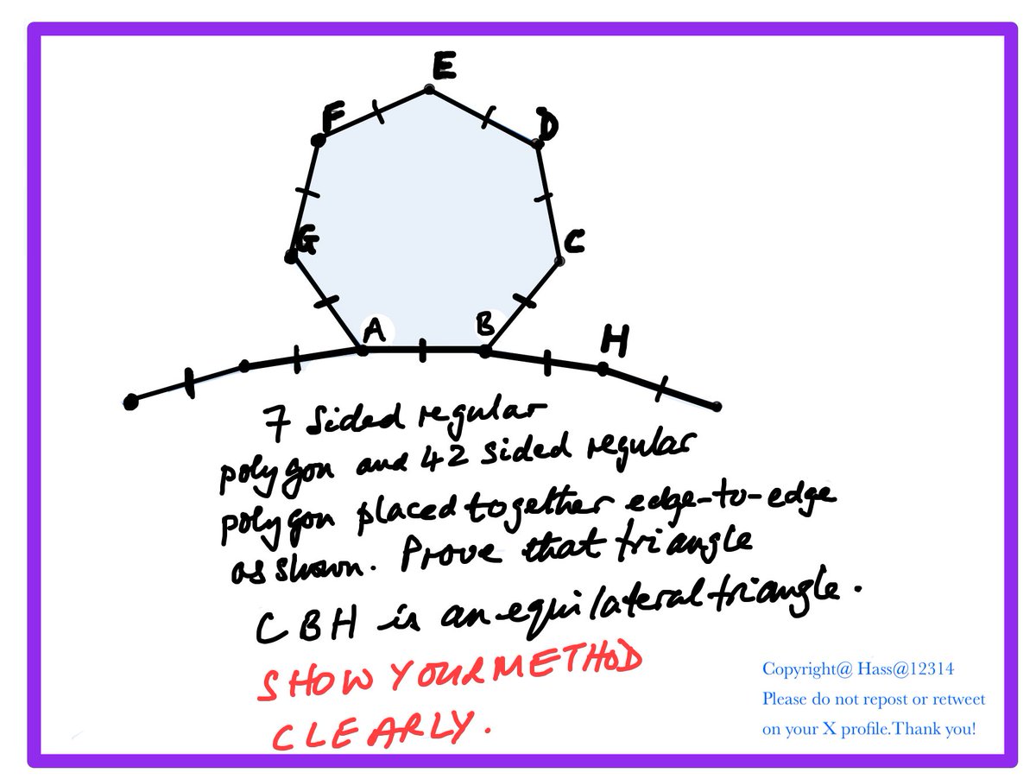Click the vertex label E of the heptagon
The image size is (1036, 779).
click(x=444, y=65)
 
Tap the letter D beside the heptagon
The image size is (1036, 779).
click(x=547, y=124)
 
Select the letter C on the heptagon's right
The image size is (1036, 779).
click(x=574, y=241)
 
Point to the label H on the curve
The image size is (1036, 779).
click(x=615, y=339)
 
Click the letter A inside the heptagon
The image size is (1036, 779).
click(x=375, y=331)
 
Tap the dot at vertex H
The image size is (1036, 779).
click(x=603, y=369)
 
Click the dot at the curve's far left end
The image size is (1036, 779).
click(x=130, y=402)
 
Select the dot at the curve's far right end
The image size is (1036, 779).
click(x=717, y=406)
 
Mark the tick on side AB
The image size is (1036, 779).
click(x=422, y=351)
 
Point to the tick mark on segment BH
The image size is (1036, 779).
click(x=547, y=363)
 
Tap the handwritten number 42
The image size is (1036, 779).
click(x=444, y=458)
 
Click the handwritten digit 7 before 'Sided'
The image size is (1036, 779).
click(x=276, y=423)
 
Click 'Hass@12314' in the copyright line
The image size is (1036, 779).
click(x=906, y=668)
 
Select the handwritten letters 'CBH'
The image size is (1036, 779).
click(x=306, y=624)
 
